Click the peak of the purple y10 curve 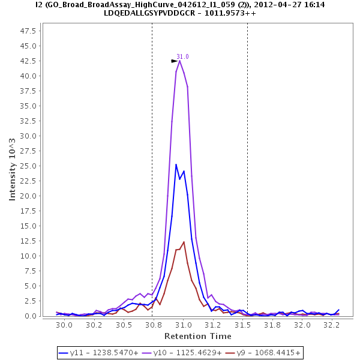pos(179,61)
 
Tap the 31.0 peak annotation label pos(182,56)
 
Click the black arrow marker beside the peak pos(174,61)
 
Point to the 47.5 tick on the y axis pos(29,31)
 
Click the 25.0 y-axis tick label pos(29,166)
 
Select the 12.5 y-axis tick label pos(29,241)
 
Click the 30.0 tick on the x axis pos(64,325)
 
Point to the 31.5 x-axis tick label pos(243,325)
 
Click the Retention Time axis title pos(197,336)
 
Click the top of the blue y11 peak pos(176,164)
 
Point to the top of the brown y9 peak pos(184,242)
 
